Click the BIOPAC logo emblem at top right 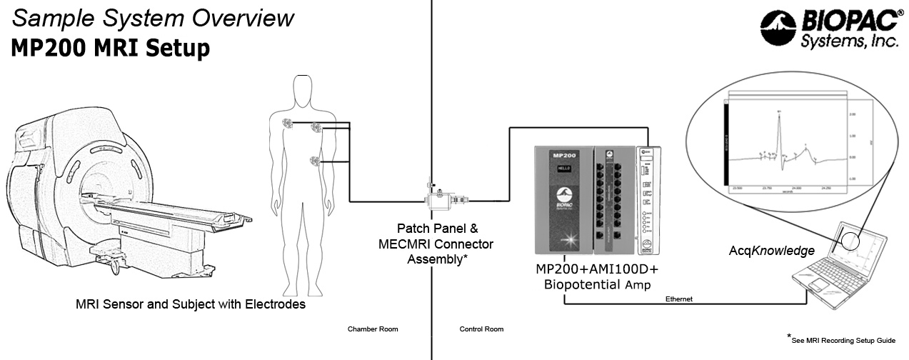pyautogui.click(x=778, y=29)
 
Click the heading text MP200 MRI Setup pyautogui.click(x=111, y=49)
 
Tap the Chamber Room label pyautogui.click(x=373, y=329)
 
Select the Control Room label pyautogui.click(x=481, y=329)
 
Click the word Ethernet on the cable pyautogui.click(x=679, y=299)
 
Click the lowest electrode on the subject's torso pyautogui.click(x=315, y=161)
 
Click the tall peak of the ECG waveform pyautogui.click(x=779, y=114)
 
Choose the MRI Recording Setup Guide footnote pyautogui.click(x=843, y=341)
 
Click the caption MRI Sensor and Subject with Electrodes pyautogui.click(x=191, y=305)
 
